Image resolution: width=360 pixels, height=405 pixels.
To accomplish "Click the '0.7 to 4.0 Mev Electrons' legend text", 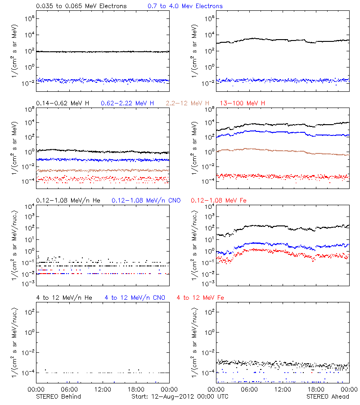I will [185, 6].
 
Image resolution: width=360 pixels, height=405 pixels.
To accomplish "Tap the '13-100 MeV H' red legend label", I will [243, 103].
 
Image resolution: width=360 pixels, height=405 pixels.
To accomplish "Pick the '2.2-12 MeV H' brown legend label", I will [188, 103].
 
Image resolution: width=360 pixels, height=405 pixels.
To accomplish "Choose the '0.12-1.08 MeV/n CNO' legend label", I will [146, 200].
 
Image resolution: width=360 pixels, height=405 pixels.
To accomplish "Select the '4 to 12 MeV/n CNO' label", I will [135, 297].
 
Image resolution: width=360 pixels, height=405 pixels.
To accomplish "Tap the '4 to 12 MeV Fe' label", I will [200, 297].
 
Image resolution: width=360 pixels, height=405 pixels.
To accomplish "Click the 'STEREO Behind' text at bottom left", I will [58, 396].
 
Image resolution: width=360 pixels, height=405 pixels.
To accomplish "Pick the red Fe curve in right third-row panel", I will [261, 250].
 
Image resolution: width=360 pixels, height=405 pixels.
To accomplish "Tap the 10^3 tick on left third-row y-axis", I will [29, 216].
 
